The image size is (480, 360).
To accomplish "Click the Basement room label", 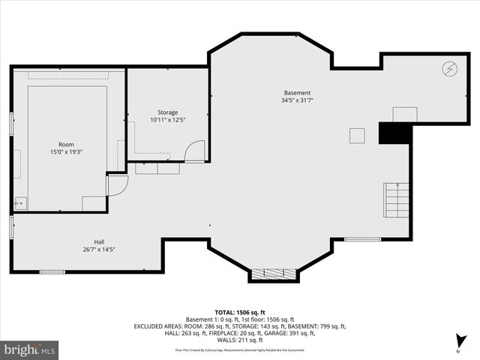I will pyautogui.click(x=296, y=93).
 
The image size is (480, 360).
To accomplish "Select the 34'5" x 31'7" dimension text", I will pyautogui.click(x=296, y=100).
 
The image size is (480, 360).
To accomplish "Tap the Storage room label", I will pyautogui.click(x=167, y=112).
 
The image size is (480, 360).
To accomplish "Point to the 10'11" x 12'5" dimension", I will pyautogui.click(x=167, y=120).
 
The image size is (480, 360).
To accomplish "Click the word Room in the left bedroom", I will pyautogui.click(x=67, y=144).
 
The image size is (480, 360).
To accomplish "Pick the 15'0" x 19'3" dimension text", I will pyautogui.click(x=67, y=151).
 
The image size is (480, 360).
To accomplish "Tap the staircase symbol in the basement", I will pyautogui.click(x=397, y=200).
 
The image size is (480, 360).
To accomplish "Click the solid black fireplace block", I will pyautogui.click(x=394, y=133).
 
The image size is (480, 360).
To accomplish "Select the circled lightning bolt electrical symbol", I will pyautogui.click(x=448, y=68).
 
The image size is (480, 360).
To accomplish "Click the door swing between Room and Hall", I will pyautogui.click(x=117, y=185).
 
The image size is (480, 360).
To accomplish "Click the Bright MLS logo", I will pyautogui.click(x=30, y=349).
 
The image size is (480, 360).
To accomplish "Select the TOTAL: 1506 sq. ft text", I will pyautogui.click(x=240, y=312).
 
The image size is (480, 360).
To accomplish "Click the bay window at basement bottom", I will pyautogui.click(x=270, y=274).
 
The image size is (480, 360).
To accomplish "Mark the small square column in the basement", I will pyautogui.click(x=357, y=135).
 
